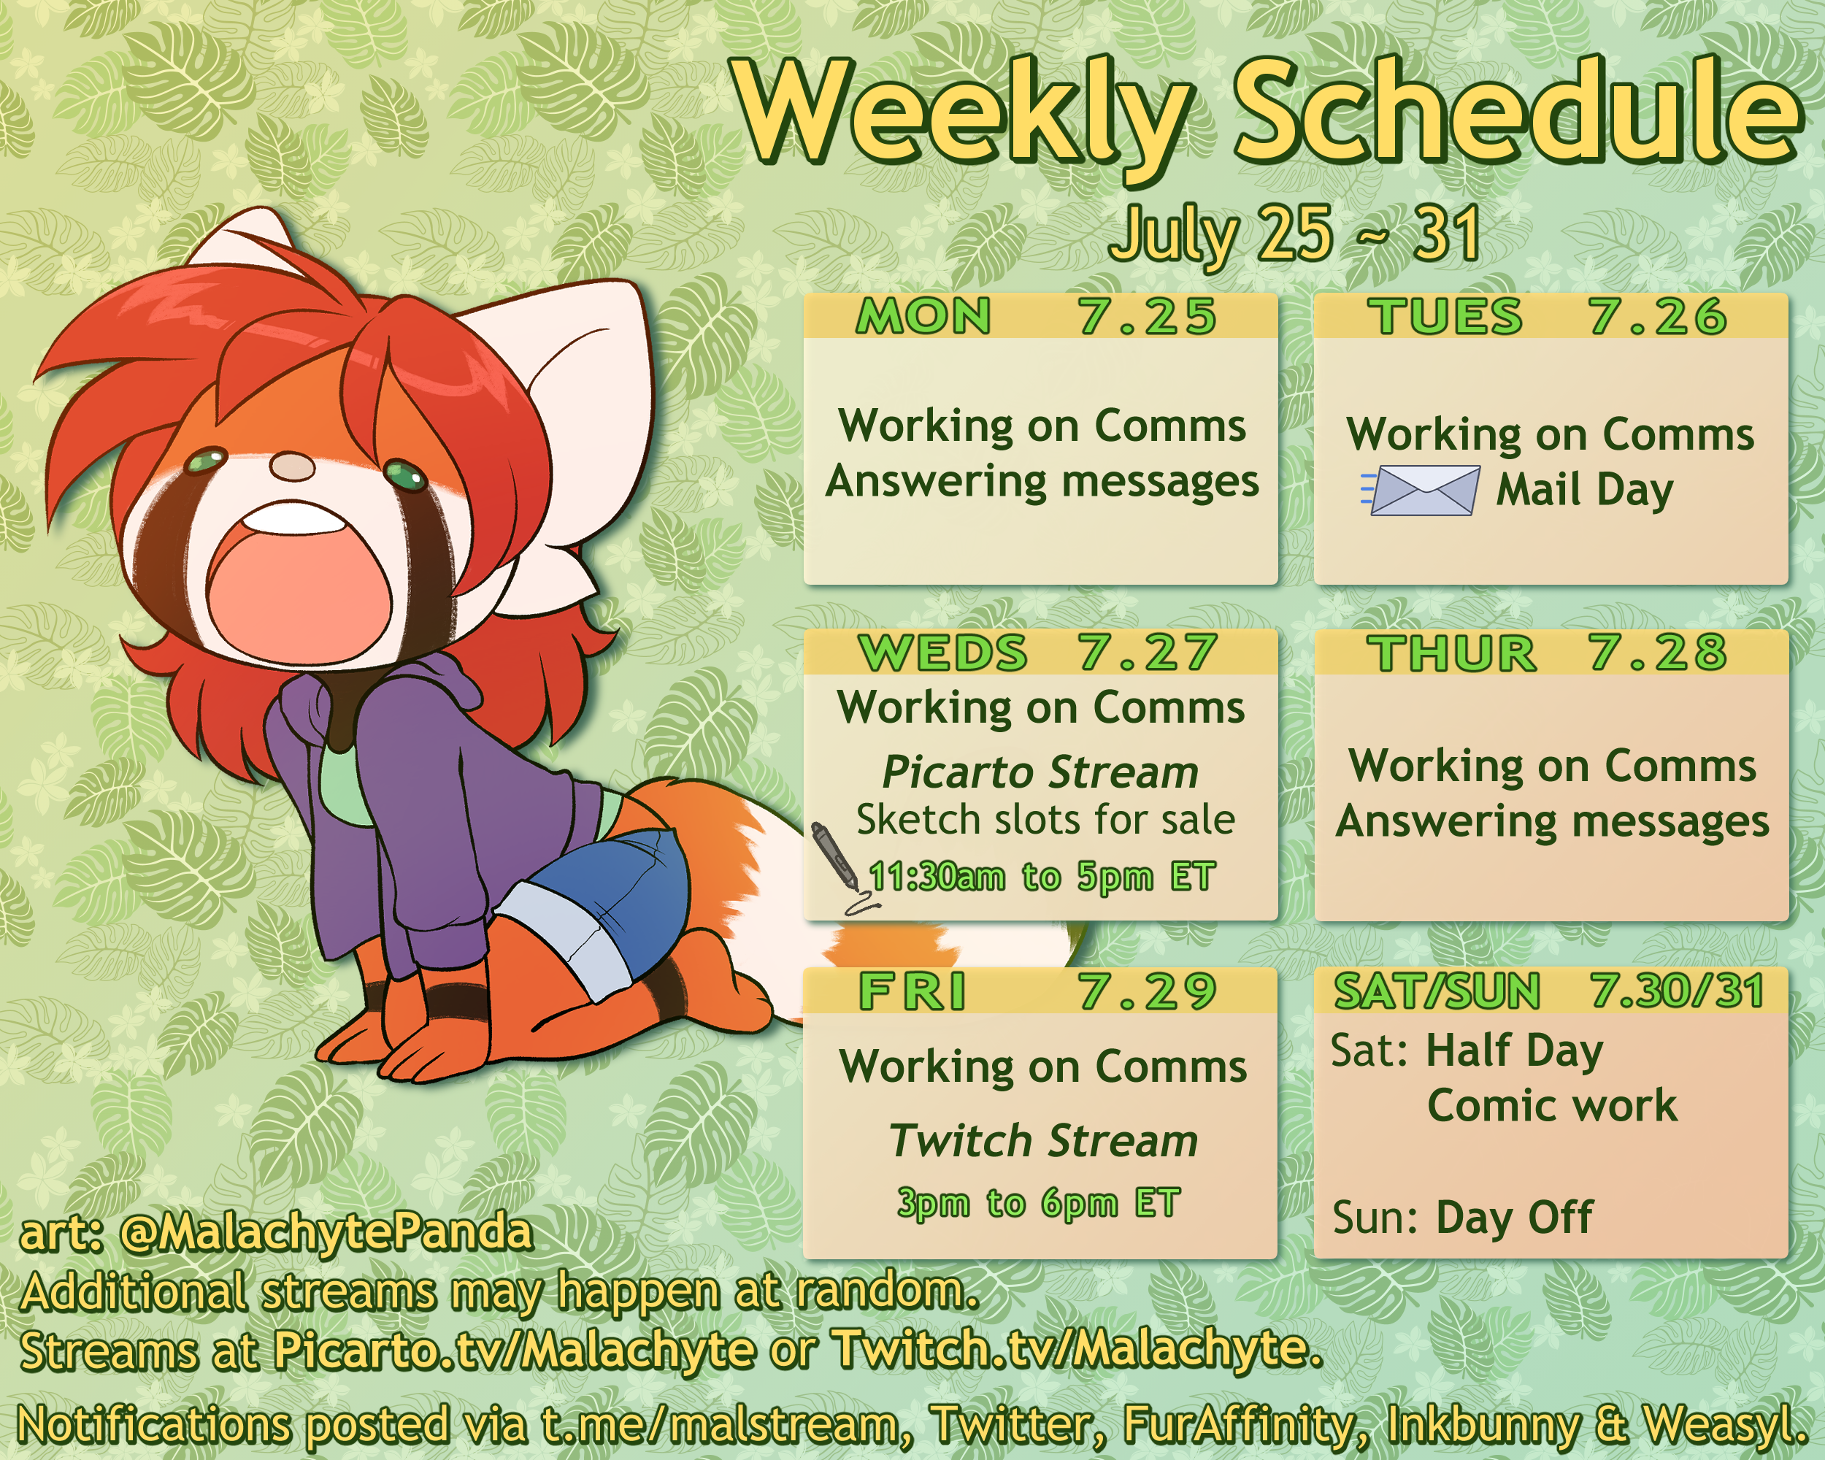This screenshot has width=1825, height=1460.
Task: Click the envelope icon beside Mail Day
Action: pos(1421,490)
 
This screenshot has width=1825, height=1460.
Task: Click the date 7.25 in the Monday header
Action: pos(1148,317)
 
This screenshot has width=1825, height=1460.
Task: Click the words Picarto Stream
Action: pos(1040,772)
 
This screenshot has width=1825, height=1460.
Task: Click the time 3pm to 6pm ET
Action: pos(1039,1203)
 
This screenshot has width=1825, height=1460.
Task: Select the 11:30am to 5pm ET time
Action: pos(1042,877)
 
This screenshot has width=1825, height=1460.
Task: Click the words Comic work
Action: pos(1551,1105)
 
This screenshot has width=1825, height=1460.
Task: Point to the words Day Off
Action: pos(1514,1217)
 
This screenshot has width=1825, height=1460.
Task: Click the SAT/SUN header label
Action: pos(1437,991)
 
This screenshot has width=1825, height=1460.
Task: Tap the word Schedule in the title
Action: pos(1518,112)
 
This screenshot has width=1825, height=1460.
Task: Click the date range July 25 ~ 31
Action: pos(1294,234)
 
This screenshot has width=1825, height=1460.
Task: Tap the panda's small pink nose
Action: pos(293,466)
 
